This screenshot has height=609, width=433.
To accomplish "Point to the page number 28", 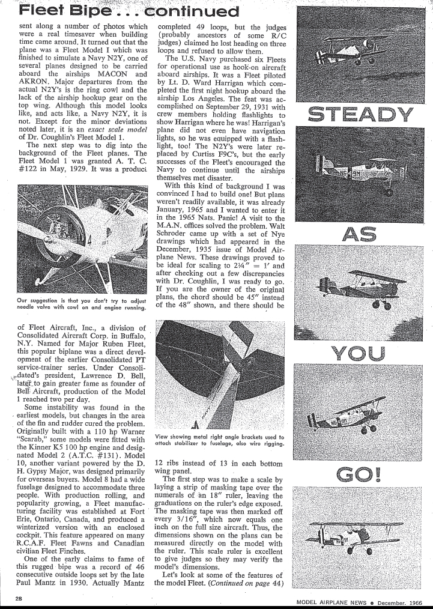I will (20, 598).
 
